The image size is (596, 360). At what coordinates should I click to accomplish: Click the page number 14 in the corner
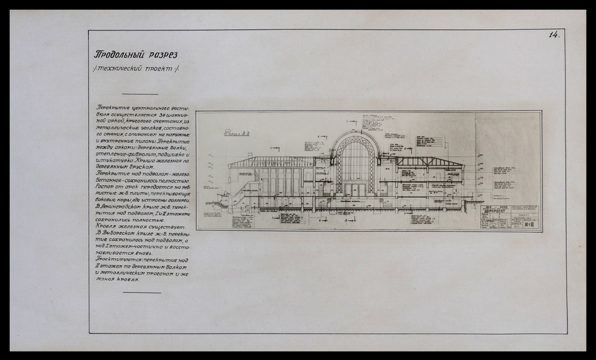[554, 36]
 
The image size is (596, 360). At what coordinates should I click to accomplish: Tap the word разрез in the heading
[163, 55]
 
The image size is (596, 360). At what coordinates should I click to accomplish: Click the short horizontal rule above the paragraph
[141, 95]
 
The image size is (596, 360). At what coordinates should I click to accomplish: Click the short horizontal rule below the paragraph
[141, 291]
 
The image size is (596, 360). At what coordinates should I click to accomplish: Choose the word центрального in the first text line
[152, 107]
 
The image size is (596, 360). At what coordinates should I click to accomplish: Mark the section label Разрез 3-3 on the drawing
[232, 133]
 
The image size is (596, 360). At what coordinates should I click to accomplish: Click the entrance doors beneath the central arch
[356, 190]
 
